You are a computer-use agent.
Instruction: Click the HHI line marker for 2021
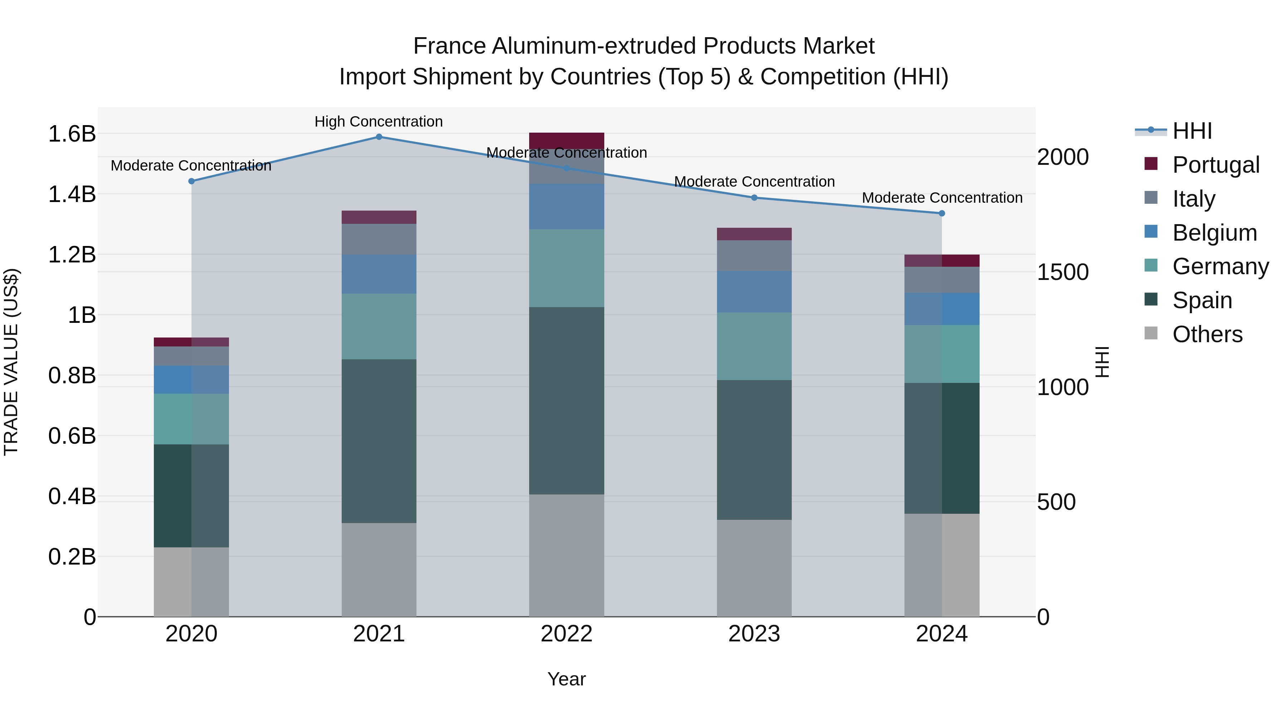379,137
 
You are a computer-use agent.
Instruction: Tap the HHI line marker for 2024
942,213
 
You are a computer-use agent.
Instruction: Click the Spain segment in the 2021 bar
379,441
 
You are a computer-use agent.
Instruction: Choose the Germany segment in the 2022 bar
566,268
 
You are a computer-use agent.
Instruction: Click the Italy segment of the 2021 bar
379,239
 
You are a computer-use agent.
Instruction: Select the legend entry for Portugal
1215,165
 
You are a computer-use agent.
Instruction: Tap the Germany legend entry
1220,266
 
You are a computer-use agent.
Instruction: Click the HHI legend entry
1192,131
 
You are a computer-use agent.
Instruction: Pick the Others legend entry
1207,334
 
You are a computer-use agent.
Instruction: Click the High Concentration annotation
379,122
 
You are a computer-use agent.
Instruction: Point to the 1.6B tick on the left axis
72,134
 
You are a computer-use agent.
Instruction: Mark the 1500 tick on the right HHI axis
1063,272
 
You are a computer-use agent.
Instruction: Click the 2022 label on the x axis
566,634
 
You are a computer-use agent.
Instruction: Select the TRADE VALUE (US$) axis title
11,362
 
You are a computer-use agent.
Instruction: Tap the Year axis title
566,679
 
